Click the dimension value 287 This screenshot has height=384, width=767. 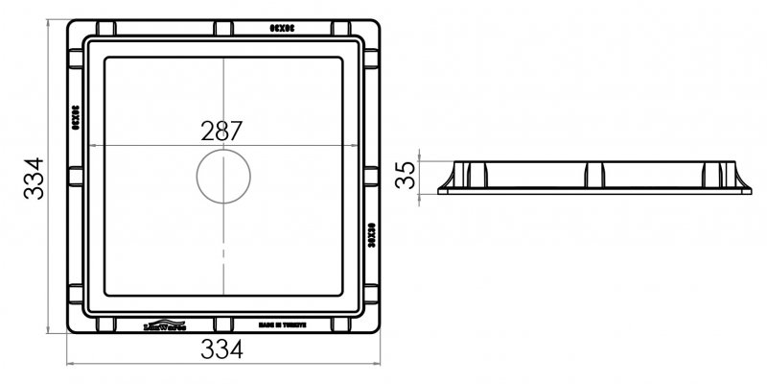click(222, 131)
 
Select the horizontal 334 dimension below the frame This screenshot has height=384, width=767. click(222, 350)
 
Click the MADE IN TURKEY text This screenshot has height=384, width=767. click(284, 325)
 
